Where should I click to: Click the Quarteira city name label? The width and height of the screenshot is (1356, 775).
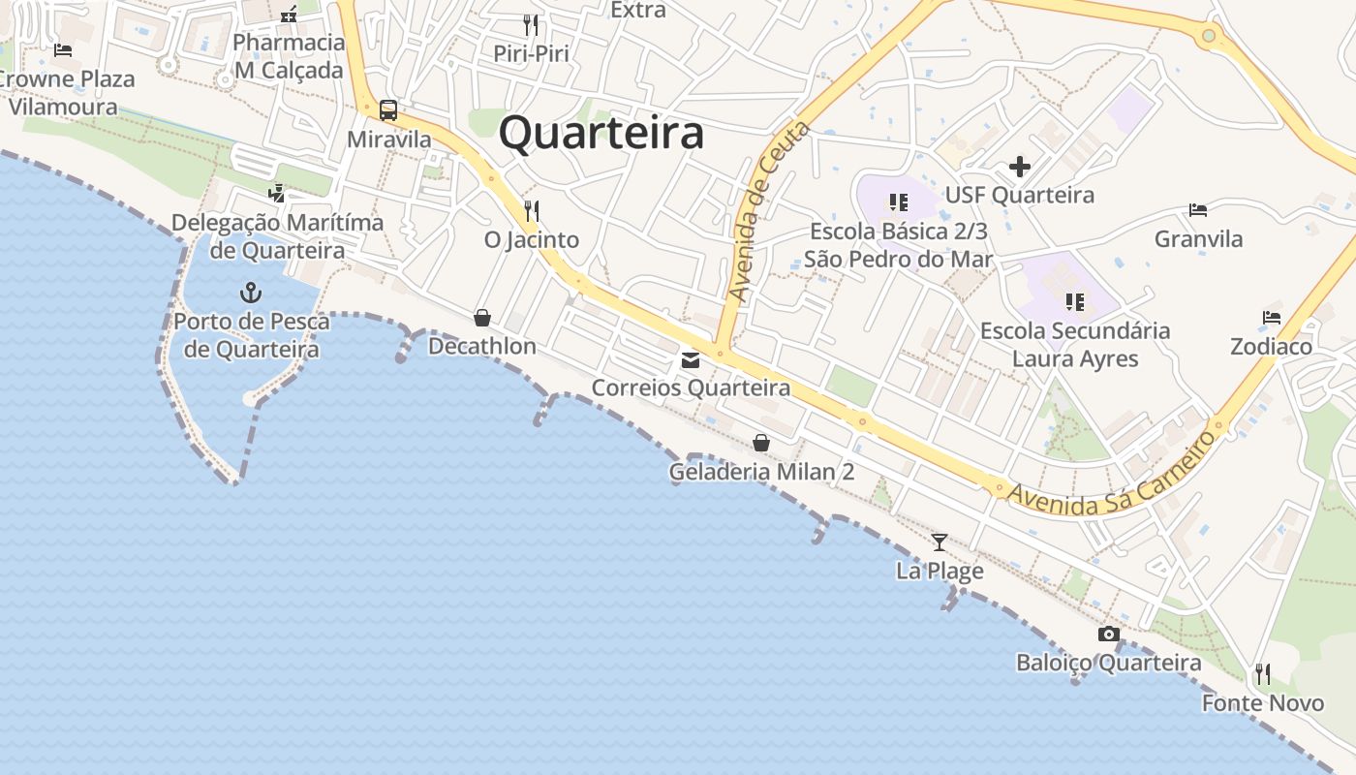(x=601, y=133)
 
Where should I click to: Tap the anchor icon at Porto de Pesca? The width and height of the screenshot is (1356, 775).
(x=251, y=291)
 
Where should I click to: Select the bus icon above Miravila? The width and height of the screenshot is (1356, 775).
(x=388, y=110)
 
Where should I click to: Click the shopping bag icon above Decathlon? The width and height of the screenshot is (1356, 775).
(x=482, y=318)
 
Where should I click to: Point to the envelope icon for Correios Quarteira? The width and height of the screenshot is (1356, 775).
(x=691, y=360)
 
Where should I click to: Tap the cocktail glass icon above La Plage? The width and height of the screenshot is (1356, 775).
(x=939, y=542)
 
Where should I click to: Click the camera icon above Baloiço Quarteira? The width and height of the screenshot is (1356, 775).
(x=1109, y=635)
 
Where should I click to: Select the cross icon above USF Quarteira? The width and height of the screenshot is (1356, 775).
(x=1020, y=167)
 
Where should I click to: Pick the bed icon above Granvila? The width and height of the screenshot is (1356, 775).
(x=1198, y=210)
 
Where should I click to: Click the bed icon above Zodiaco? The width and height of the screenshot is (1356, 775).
(x=1272, y=318)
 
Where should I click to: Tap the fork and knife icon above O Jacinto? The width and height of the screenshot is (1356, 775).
(x=531, y=210)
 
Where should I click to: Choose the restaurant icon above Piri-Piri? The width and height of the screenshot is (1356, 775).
(x=531, y=24)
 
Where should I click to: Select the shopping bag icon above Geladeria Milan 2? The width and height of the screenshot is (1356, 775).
(x=761, y=444)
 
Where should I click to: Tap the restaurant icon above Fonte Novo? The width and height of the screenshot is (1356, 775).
(x=1263, y=673)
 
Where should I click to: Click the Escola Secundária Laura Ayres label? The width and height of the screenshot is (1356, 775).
(x=1075, y=345)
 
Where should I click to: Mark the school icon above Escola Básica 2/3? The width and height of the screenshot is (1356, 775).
(x=899, y=202)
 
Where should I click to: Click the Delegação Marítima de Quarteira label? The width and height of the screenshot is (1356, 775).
(x=277, y=236)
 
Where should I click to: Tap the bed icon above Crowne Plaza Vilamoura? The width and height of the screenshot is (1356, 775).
(x=63, y=50)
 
